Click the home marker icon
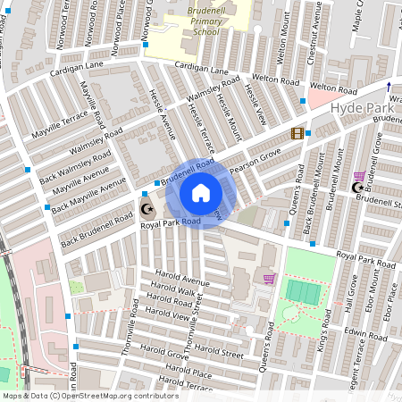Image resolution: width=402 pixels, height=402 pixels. tap(201, 192)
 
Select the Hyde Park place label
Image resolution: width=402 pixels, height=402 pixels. tap(356, 106)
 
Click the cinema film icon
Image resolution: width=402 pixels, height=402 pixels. tap(296, 133)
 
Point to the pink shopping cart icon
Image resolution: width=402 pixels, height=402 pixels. tap(268, 279)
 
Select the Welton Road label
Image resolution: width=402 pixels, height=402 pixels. tap(333, 90)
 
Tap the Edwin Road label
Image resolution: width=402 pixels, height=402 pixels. tap(367, 332)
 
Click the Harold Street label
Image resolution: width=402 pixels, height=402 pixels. tap(220, 352)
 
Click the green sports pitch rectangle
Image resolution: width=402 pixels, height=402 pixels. tap(304, 292)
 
